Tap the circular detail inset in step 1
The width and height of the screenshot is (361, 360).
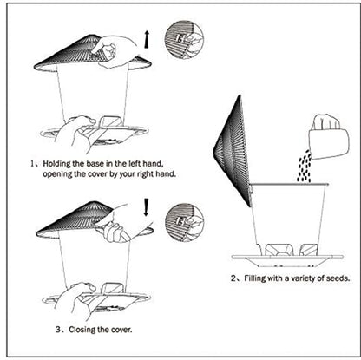click(184, 40)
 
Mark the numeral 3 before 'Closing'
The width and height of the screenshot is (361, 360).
click(36, 331)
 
